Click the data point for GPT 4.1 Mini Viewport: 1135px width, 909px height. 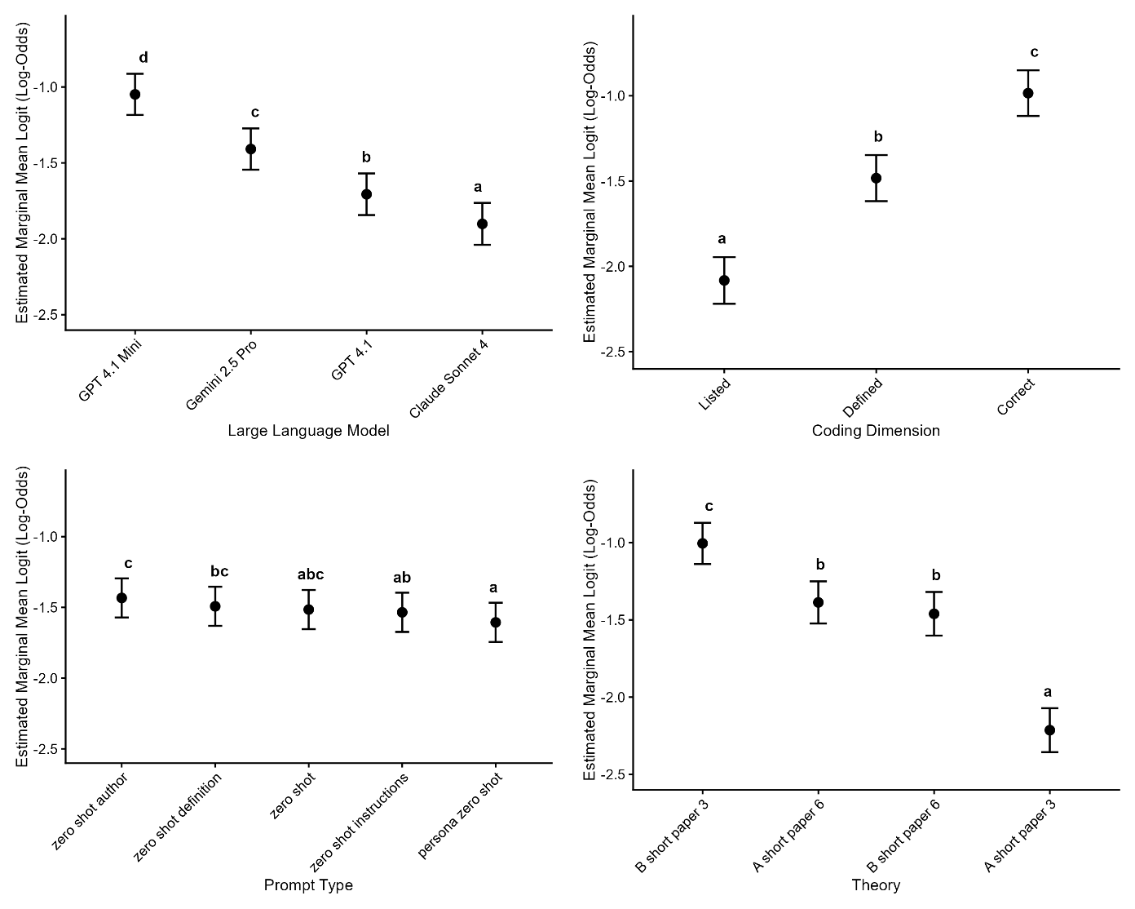pyautogui.click(x=135, y=95)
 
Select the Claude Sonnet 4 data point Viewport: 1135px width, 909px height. pyautogui.click(x=482, y=224)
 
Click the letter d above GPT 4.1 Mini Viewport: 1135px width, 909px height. pyautogui.click(x=144, y=58)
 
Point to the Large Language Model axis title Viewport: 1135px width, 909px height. pyautogui.click(x=308, y=431)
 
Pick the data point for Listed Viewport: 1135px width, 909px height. pyautogui.click(x=724, y=280)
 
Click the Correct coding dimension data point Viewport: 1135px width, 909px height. pyautogui.click(x=1028, y=93)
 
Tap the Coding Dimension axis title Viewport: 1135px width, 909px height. pyautogui.click(x=876, y=431)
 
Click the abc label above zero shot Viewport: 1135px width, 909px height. pyautogui.click(x=311, y=574)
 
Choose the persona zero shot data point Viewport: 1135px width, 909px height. pyautogui.click(x=495, y=623)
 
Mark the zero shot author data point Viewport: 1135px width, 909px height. pyautogui.click(x=121, y=598)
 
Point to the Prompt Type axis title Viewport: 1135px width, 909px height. pyautogui.click(x=308, y=885)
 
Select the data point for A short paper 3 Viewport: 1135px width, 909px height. pyautogui.click(x=1049, y=730)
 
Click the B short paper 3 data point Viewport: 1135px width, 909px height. pyautogui.click(x=702, y=543)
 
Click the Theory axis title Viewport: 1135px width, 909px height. pyautogui.click(x=876, y=885)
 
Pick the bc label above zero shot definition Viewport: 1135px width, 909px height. pyautogui.click(x=219, y=571)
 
